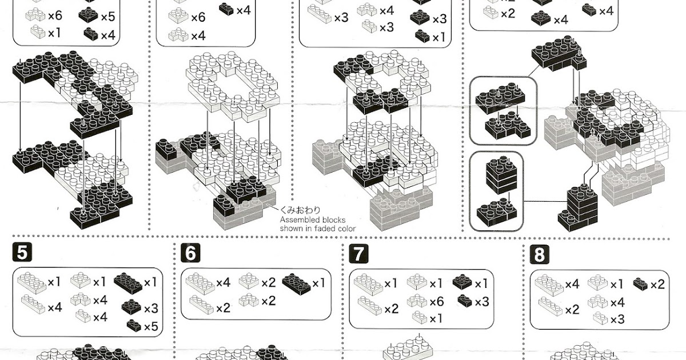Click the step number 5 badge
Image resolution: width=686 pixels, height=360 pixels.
(x=21, y=253)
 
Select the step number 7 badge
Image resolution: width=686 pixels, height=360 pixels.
(x=357, y=253)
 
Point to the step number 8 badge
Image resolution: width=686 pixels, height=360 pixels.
(x=538, y=253)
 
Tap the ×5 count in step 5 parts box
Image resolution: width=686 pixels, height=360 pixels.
(x=150, y=327)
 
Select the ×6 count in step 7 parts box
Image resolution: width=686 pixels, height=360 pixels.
(x=436, y=302)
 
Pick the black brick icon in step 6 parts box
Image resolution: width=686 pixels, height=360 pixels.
(x=296, y=282)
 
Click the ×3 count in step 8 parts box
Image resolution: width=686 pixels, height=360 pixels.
(x=617, y=319)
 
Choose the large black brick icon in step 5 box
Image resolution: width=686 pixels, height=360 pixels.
(x=127, y=281)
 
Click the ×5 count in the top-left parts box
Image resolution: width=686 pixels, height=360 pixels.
(x=108, y=17)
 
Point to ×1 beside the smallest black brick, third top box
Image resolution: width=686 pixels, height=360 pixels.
(x=439, y=38)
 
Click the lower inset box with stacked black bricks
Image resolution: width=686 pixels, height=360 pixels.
(x=496, y=191)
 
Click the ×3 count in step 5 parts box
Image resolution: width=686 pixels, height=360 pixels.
(x=150, y=309)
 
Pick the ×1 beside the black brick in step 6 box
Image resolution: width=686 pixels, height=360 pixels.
(x=318, y=282)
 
